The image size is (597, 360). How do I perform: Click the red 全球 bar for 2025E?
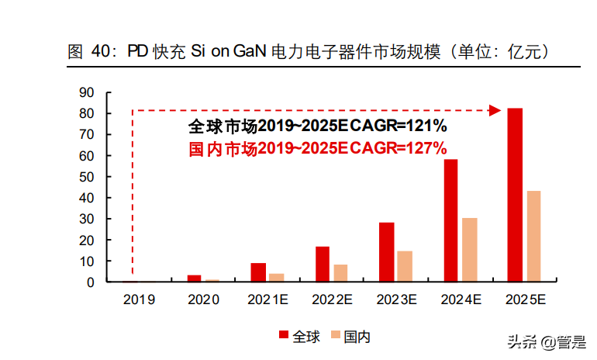[x=515, y=195]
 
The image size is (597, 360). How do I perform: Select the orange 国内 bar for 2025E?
[x=533, y=236]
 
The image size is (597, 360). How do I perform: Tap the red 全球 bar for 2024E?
[x=450, y=220]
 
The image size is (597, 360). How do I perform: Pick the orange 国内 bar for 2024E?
[x=469, y=250]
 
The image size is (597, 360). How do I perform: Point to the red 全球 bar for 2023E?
[x=386, y=252]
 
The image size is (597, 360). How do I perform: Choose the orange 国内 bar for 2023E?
[x=405, y=266]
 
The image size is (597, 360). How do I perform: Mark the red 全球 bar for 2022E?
[x=322, y=264]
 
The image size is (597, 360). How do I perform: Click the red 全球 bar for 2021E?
[x=258, y=272]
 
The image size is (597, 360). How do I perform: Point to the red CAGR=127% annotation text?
[x=317, y=148]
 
